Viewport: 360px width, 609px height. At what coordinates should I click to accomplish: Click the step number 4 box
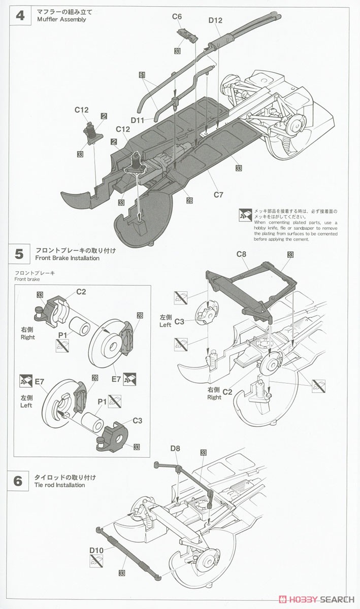click(20, 15)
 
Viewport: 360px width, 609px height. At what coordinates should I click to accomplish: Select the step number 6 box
click(18, 481)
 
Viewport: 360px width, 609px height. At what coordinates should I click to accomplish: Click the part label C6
click(177, 17)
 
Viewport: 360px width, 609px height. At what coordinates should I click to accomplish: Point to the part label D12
click(215, 20)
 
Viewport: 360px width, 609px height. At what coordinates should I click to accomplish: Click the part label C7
click(219, 194)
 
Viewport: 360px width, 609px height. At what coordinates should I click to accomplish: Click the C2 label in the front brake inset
click(81, 291)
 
